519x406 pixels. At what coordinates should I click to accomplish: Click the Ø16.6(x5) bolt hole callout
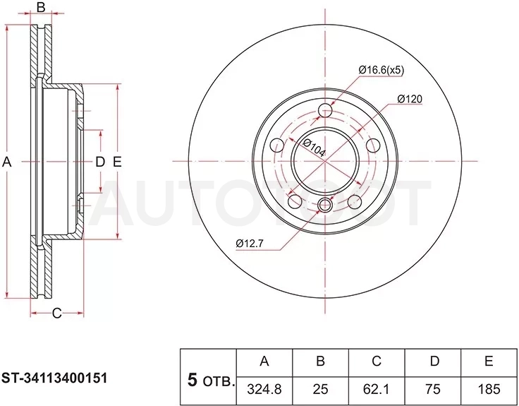click(381, 71)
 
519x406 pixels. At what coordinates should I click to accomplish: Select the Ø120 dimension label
click(410, 99)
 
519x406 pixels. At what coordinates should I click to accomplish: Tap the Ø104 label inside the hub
click(315, 148)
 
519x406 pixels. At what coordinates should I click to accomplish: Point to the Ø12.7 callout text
click(250, 244)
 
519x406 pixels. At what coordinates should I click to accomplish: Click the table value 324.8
click(264, 389)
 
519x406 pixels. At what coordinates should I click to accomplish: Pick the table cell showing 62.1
click(376, 389)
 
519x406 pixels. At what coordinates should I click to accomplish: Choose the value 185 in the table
click(489, 389)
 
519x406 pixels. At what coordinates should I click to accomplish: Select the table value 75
click(433, 389)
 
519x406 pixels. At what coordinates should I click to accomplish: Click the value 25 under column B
click(320, 389)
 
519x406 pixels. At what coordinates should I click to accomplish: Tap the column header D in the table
click(434, 362)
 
